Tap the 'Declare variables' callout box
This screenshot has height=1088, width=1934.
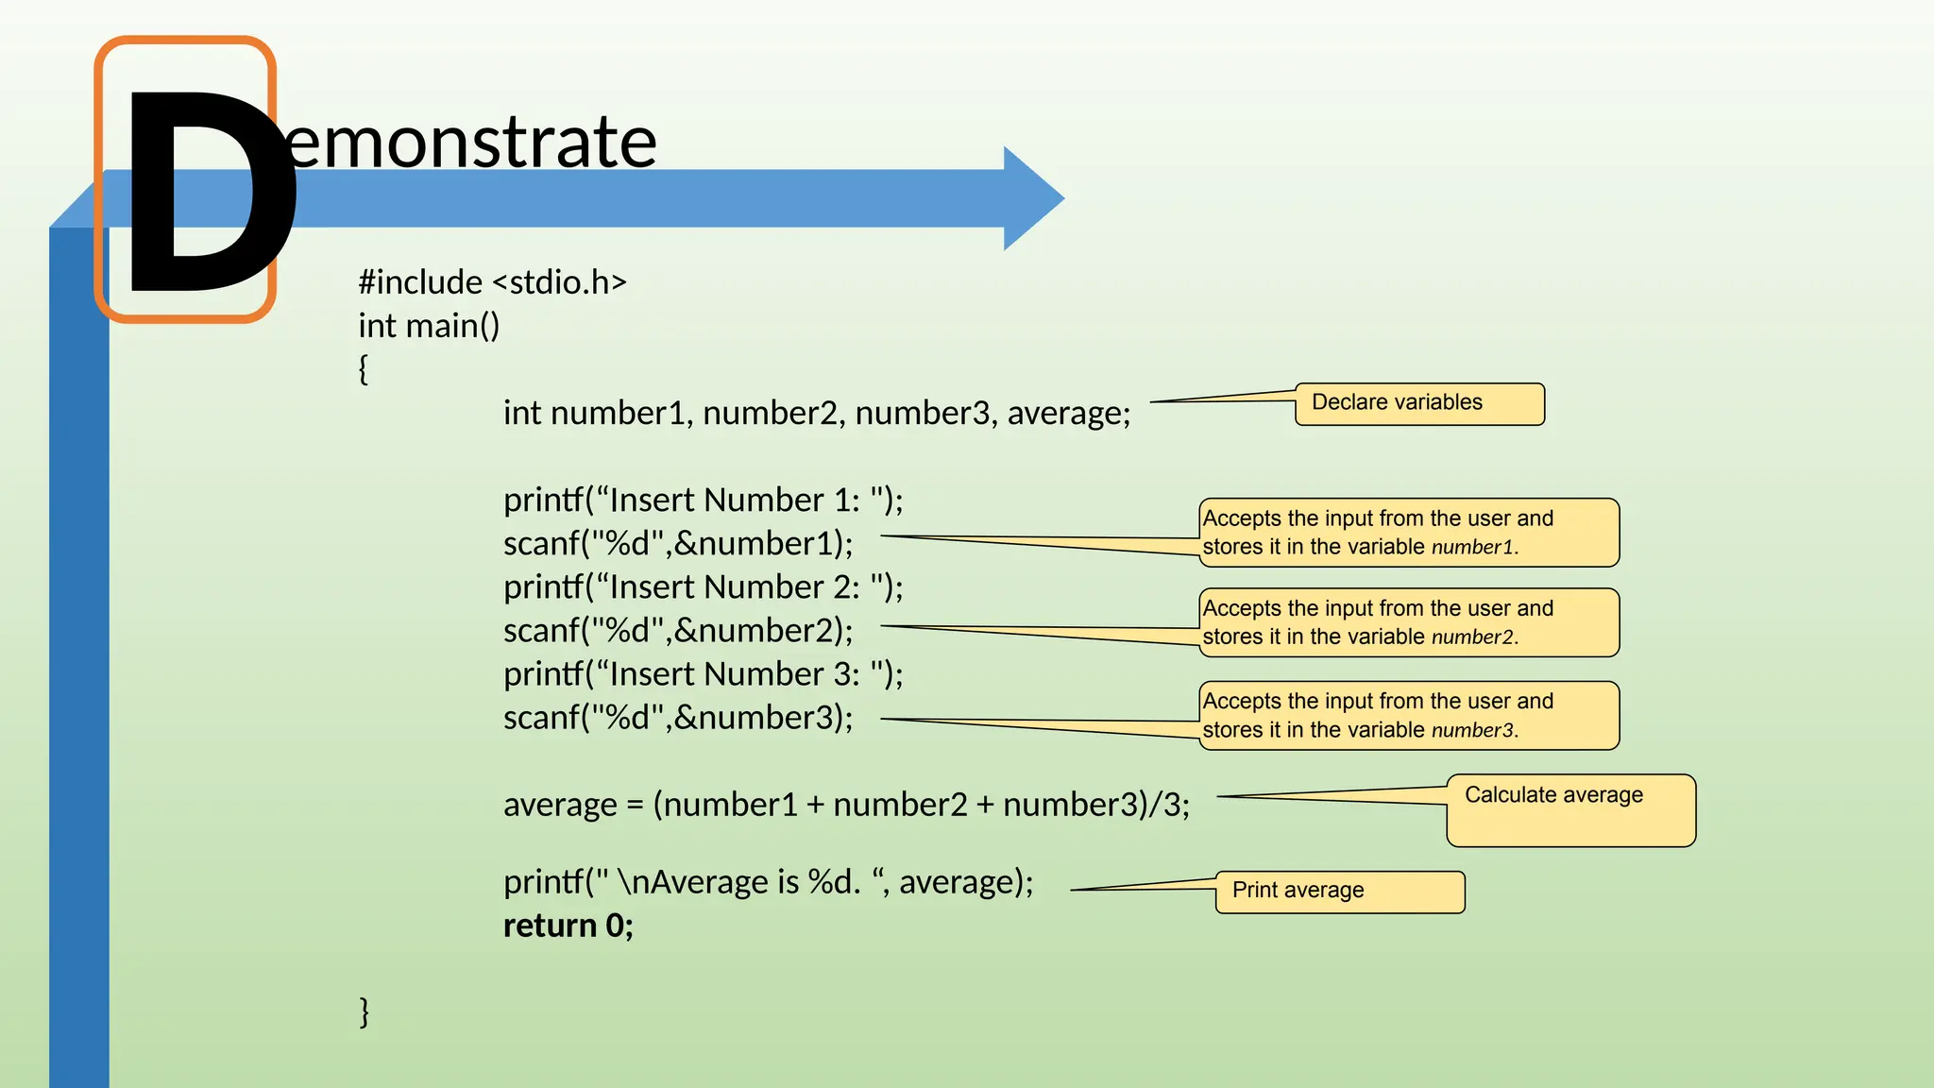coord(1418,404)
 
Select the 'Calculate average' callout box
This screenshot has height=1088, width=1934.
coord(1569,809)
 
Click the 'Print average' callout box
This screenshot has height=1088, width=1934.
coord(1339,892)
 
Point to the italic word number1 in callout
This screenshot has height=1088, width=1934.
coord(1472,548)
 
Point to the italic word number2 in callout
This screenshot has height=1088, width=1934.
coord(1472,637)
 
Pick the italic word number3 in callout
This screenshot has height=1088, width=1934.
coord(1472,731)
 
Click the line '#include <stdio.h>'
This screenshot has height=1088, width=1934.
coord(492,282)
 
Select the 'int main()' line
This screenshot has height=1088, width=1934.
coord(429,326)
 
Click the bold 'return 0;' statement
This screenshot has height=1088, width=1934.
coord(568,926)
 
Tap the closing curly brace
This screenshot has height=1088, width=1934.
coord(365,1011)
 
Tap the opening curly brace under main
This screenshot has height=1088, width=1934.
coord(364,369)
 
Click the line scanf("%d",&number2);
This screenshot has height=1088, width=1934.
coord(677,631)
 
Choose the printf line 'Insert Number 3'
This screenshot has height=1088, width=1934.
coord(703,674)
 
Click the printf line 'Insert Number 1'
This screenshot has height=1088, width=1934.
coord(703,501)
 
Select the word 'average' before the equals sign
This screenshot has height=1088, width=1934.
coord(560,805)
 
